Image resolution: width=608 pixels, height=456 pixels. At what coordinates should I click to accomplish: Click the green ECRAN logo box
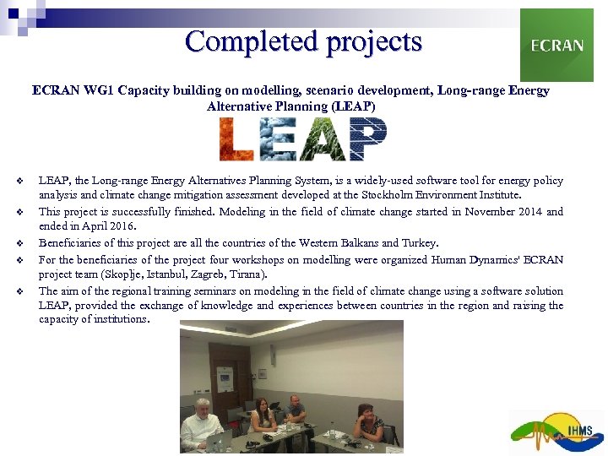tap(556, 45)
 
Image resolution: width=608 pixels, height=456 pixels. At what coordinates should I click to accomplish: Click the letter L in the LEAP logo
tap(236, 139)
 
